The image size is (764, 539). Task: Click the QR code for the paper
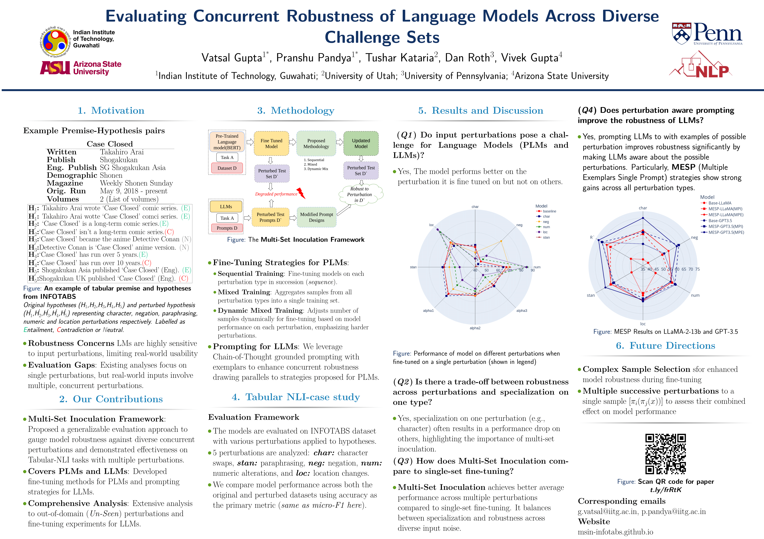(665, 454)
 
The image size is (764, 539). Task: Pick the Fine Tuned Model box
(271, 144)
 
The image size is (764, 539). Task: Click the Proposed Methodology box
(316, 144)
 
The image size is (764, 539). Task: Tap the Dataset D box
(227, 168)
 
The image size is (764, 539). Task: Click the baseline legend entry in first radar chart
(549, 211)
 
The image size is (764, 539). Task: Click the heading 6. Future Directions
(665, 346)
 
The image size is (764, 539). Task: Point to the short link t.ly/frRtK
(665, 490)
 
